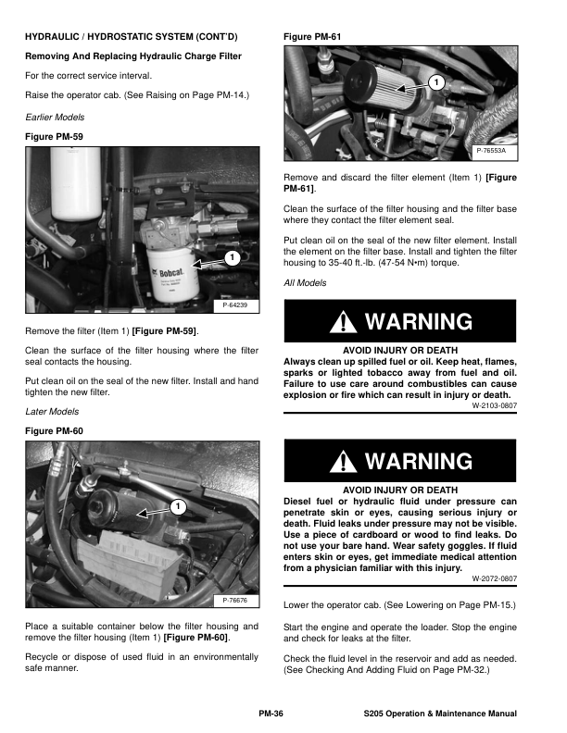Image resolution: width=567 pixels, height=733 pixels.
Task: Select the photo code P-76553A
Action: click(497, 151)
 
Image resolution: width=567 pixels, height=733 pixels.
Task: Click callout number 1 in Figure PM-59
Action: click(231, 256)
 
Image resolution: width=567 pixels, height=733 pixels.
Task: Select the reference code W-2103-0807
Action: click(494, 404)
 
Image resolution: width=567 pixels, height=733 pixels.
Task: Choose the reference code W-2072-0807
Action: click(494, 578)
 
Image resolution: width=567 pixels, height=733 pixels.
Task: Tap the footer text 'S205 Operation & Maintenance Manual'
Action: click(440, 714)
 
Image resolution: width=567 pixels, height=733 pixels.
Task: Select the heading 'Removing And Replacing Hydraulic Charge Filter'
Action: click(133, 56)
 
